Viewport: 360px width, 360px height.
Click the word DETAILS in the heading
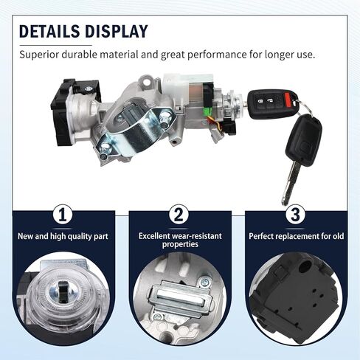click(x=49, y=31)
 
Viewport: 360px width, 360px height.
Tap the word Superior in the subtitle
click(x=39, y=55)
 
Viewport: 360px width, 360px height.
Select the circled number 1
click(x=63, y=215)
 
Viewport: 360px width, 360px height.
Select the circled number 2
click(x=179, y=215)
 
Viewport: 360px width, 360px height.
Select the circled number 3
click(x=295, y=215)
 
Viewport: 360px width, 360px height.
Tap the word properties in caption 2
click(x=180, y=245)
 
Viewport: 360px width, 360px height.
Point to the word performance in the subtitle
click(x=216, y=55)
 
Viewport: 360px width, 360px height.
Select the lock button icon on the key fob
click(x=260, y=100)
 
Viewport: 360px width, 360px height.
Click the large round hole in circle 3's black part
click(x=305, y=266)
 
